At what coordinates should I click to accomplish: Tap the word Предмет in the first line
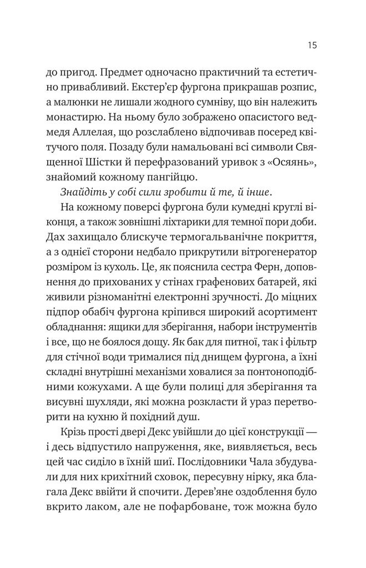click(x=134, y=74)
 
